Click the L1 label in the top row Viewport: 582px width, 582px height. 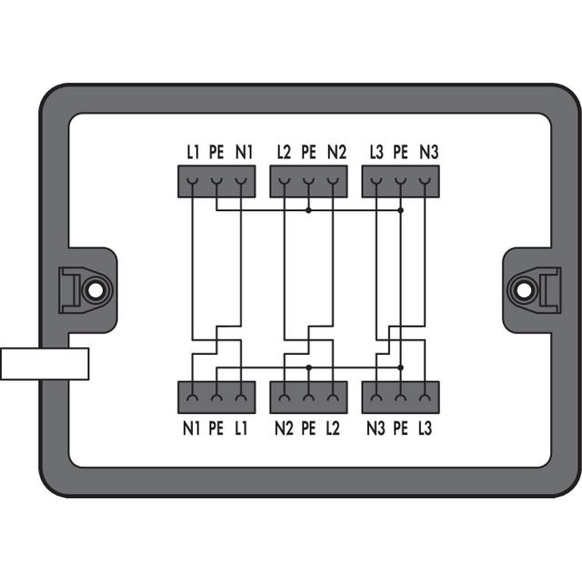click(x=193, y=152)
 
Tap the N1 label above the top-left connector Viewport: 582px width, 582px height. click(x=244, y=152)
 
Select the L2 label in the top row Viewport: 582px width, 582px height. click(x=284, y=152)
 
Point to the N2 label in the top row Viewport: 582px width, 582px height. click(x=336, y=152)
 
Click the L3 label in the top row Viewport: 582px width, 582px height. click(x=376, y=152)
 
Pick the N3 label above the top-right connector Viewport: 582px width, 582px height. click(x=429, y=152)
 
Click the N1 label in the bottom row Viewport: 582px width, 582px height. click(x=191, y=428)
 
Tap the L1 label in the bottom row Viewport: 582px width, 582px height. click(x=241, y=428)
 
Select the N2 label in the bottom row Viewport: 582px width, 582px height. click(x=284, y=428)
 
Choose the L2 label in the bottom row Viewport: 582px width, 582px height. click(x=333, y=428)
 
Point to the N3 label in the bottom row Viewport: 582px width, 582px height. click(x=376, y=428)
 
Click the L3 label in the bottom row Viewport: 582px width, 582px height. click(x=425, y=428)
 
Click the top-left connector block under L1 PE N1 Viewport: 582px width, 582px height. click(x=216, y=182)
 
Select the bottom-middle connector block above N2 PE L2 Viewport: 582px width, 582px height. click(x=309, y=397)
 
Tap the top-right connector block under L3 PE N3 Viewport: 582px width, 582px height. click(x=401, y=182)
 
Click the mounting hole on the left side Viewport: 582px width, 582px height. click(x=95, y=291)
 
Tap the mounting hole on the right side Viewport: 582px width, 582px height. click(x=524, y=291)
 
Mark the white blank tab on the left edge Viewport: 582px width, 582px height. click(x=45, y=364)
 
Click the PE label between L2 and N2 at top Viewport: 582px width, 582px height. click(x=309, y=152)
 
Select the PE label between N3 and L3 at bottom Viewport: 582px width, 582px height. click(x=400, y=428)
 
